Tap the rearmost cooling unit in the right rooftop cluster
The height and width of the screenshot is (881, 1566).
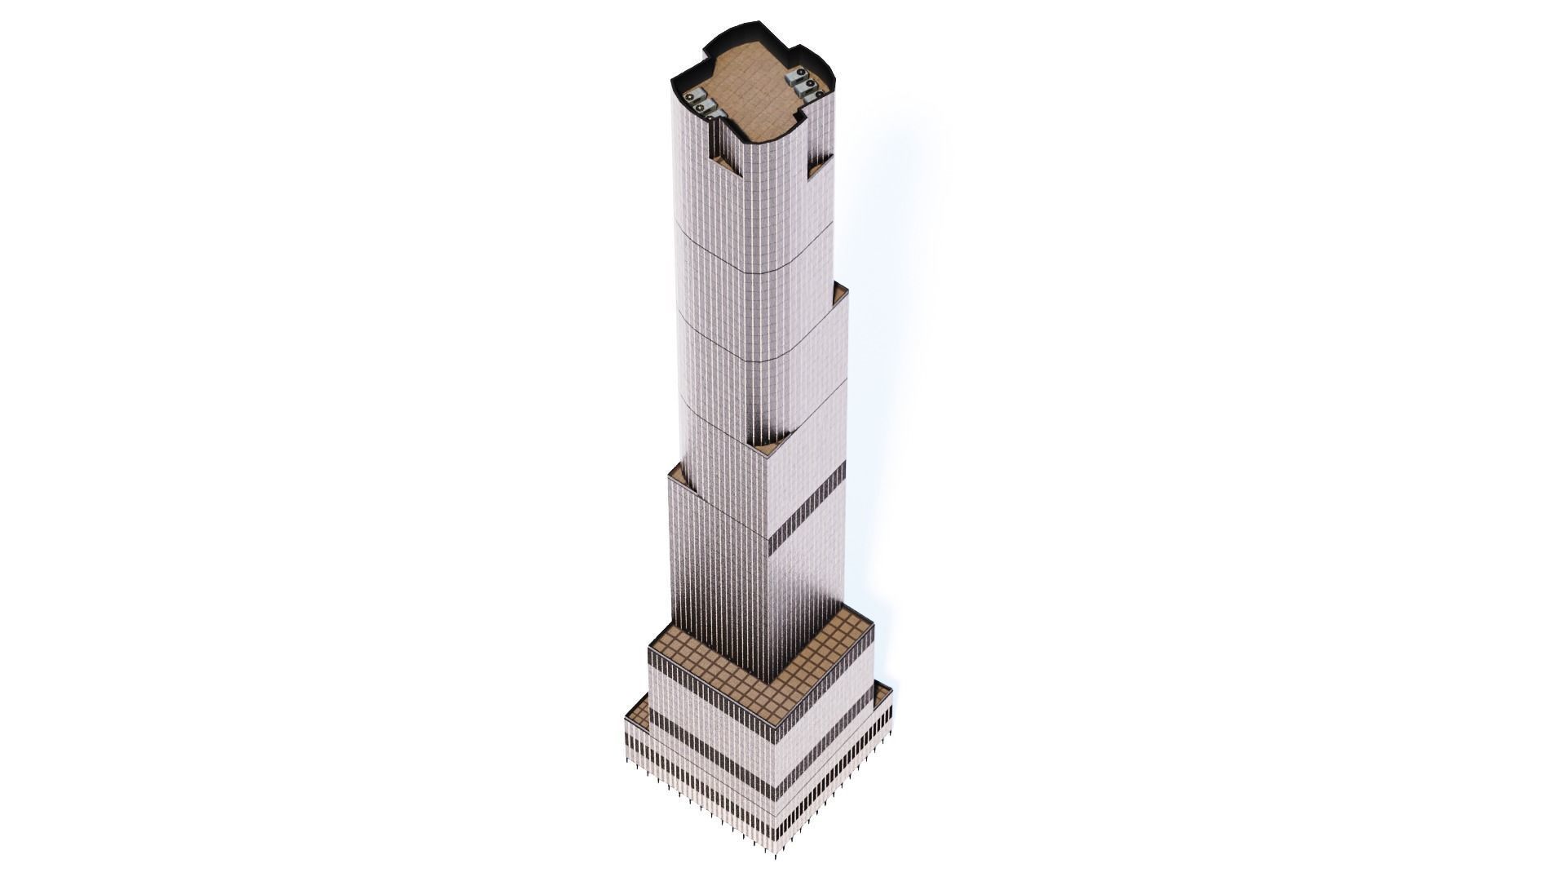tap(794, 77)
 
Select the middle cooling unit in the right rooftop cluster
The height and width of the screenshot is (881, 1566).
tap(805, 86)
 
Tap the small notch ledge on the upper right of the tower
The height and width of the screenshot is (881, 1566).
tap(818, 167)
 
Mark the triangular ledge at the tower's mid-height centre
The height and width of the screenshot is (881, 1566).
tap(765, 447)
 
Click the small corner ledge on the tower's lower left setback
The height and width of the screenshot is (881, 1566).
tap(677, 471)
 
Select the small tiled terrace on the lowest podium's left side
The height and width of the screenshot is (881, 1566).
tap(637, 716)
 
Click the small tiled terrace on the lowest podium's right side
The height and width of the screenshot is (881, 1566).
tap(883, 694)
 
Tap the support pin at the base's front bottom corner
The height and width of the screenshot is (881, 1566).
tap(776, 854)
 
